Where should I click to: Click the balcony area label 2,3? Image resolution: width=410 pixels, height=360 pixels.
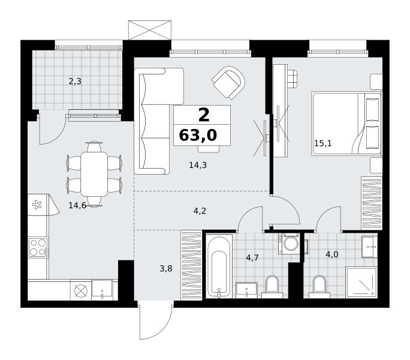75,82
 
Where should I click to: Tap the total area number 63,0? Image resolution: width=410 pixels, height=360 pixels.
198,135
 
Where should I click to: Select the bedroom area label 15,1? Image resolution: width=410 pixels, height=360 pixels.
322,143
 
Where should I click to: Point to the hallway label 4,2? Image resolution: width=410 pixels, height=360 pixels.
200,211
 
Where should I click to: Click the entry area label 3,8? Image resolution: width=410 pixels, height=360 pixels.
166,268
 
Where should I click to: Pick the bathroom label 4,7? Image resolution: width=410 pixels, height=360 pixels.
252,258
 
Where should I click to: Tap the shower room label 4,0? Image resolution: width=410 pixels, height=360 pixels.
332,254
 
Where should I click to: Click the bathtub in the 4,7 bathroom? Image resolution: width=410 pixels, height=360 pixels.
219,266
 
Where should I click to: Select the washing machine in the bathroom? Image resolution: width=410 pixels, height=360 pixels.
289,243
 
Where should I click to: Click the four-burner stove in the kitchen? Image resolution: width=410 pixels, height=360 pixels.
38,247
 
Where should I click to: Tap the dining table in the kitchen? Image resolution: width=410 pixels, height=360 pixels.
94,174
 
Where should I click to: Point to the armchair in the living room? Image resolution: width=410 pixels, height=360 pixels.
229,82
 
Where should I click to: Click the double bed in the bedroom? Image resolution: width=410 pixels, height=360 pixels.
346,124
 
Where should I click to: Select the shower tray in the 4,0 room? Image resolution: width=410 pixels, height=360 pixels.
361,282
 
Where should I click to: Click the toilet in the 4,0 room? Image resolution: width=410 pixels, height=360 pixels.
319,287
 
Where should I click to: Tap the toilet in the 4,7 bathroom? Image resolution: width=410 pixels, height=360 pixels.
272,287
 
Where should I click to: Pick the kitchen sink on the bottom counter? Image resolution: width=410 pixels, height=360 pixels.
103,289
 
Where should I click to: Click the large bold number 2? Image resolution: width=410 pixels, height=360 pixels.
204,115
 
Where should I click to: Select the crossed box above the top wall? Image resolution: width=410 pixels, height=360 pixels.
150,30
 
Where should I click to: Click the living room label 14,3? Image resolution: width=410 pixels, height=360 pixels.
198,165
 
